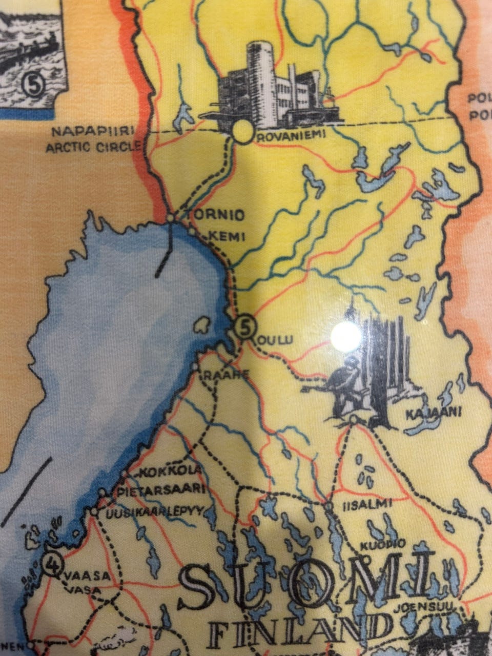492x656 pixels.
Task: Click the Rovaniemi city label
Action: click(x=284, y=138)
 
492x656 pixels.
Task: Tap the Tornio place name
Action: click(x=215, y=216)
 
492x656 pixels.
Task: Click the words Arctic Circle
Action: click(x=93, y=148)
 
